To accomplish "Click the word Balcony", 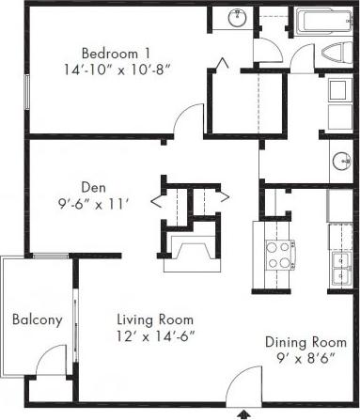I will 37,319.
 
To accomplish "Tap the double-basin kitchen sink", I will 339,269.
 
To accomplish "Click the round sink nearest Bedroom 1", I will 239,17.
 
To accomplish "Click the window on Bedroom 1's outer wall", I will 25,89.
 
